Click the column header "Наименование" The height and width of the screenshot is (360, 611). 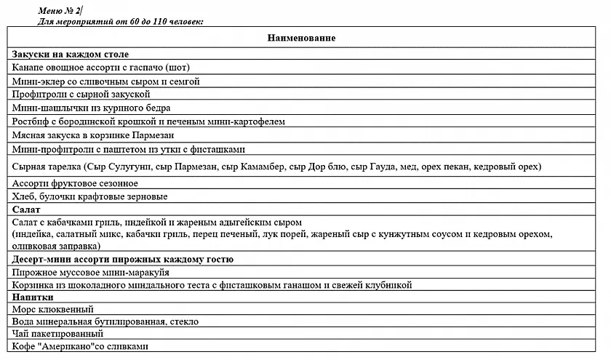[x=300, y=37]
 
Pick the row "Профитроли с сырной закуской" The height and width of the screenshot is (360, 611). [x=81, y=94]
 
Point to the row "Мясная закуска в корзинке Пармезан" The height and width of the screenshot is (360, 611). [x=94, y=135]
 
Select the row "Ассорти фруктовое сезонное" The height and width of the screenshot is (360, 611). [x=75, y=183]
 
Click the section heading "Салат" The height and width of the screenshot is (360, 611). [x=26, y=209]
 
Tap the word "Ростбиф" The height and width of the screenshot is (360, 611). [x=31, y=121]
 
